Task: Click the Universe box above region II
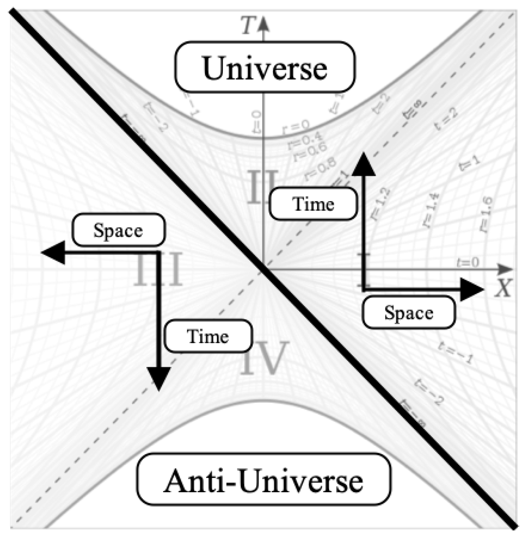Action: tap(265, 67)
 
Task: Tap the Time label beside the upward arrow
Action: tap(313, 204)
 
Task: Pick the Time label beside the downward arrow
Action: tap(208, 336)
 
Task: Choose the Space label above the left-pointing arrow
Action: tap(118, 230)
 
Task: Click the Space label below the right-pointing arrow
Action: tap(409, 312)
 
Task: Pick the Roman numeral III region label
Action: tap(158, 269)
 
